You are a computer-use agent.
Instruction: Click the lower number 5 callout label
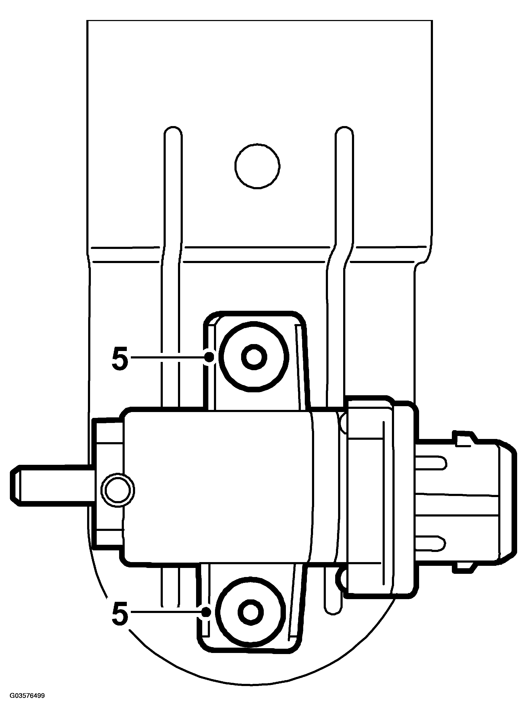pos(120,612)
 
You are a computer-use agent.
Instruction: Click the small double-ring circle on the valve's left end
pos(118,490)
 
